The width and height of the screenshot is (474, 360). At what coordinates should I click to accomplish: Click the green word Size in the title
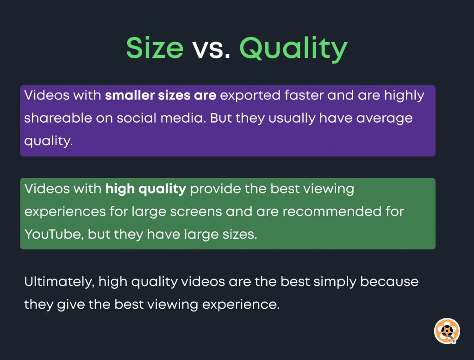(155, 48)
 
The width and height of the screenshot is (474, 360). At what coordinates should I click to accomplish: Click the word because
(390, 282)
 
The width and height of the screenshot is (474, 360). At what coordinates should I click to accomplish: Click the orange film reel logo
(446, 330)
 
